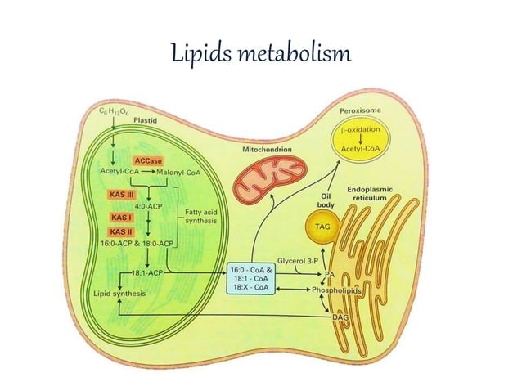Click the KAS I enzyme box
pos(121,218)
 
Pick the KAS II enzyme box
pos(122,231)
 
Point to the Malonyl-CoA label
pos(178,173)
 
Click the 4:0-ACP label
pos(148,206)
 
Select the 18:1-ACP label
pos(147,273)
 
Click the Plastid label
pos(145,120)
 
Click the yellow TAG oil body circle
pos(322,227)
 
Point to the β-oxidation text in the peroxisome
pos(360,129)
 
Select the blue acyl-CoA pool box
pos(251,278)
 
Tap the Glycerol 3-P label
pos(297,261)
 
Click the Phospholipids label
pos(336,290)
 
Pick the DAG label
pos(340,317)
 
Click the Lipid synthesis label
pos(119,294)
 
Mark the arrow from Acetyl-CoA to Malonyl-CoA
pos(148,172)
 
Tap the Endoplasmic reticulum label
pos(370,194)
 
